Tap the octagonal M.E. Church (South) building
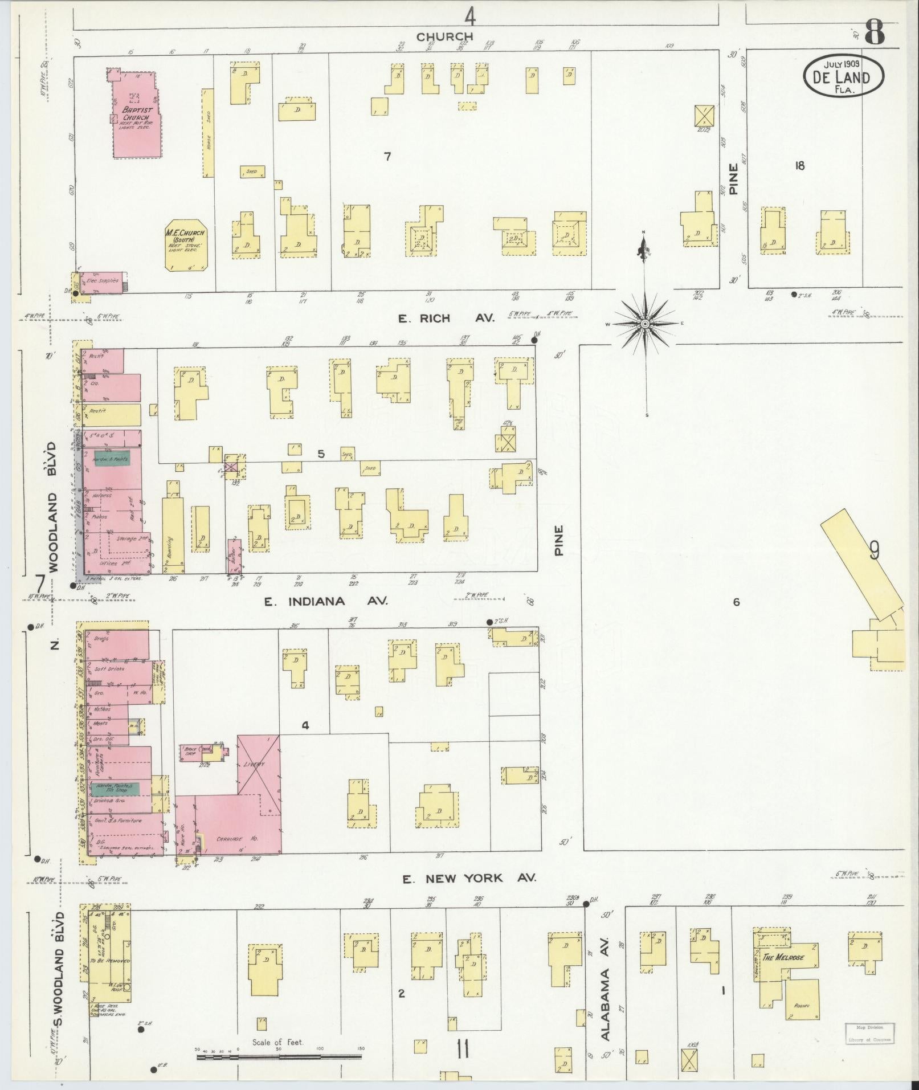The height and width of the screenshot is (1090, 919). [186, 243]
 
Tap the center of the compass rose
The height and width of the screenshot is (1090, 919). [645, 324]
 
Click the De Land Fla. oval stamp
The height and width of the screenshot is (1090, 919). [844, 78]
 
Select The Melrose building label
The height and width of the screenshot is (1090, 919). [783, 957]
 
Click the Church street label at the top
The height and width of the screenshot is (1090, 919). [444, 37]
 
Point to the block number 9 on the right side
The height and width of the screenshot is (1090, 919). [874, 551]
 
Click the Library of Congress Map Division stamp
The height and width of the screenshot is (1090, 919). [869, 1033]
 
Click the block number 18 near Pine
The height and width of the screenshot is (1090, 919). [800, 166]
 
